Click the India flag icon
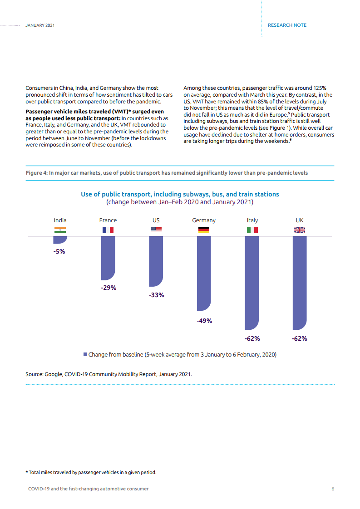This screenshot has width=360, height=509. [x=60, y=230]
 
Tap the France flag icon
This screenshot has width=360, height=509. [x=108, y=230]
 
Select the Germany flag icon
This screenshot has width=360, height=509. [x=204, y=230]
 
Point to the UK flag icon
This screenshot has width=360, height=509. [x=300, y=230]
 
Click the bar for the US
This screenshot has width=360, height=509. [x=156, y=261]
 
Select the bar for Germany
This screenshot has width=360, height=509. [x=204, y=273]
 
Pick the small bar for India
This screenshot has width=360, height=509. [x=60, y=240]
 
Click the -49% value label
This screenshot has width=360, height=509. [x=204, y=321]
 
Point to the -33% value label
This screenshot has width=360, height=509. [x=156, y=295]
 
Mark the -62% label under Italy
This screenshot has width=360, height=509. [x=252, y=338]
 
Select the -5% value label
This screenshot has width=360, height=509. [x=59, y=251]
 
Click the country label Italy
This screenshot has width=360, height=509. [x=252, y=220]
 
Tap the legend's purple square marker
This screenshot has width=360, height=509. [x=85, y=354]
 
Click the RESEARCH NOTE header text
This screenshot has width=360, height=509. [x=287, y=25]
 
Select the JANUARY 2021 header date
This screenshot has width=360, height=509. [x=40, y=25]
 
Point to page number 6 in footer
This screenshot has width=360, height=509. [x=333, y=489]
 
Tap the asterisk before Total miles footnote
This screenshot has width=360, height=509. [x=26, y=472]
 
